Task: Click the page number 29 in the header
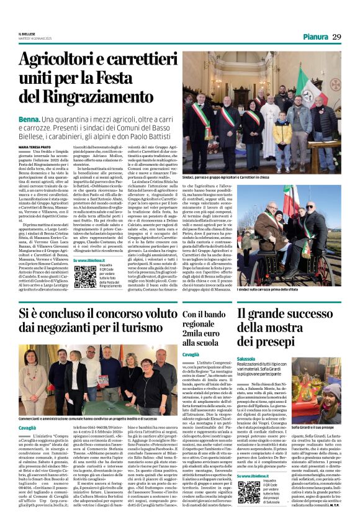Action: click(x=336, y=37)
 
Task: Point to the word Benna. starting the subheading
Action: click(x=29, y=117)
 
